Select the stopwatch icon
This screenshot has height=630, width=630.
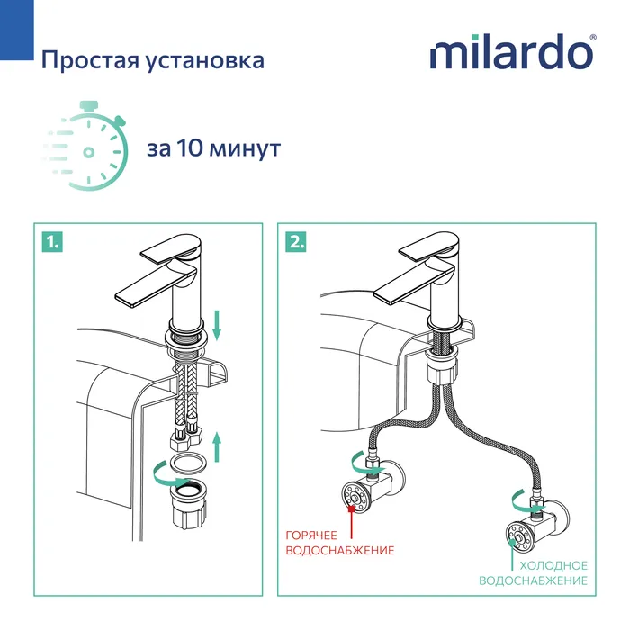tap(87, 147)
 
